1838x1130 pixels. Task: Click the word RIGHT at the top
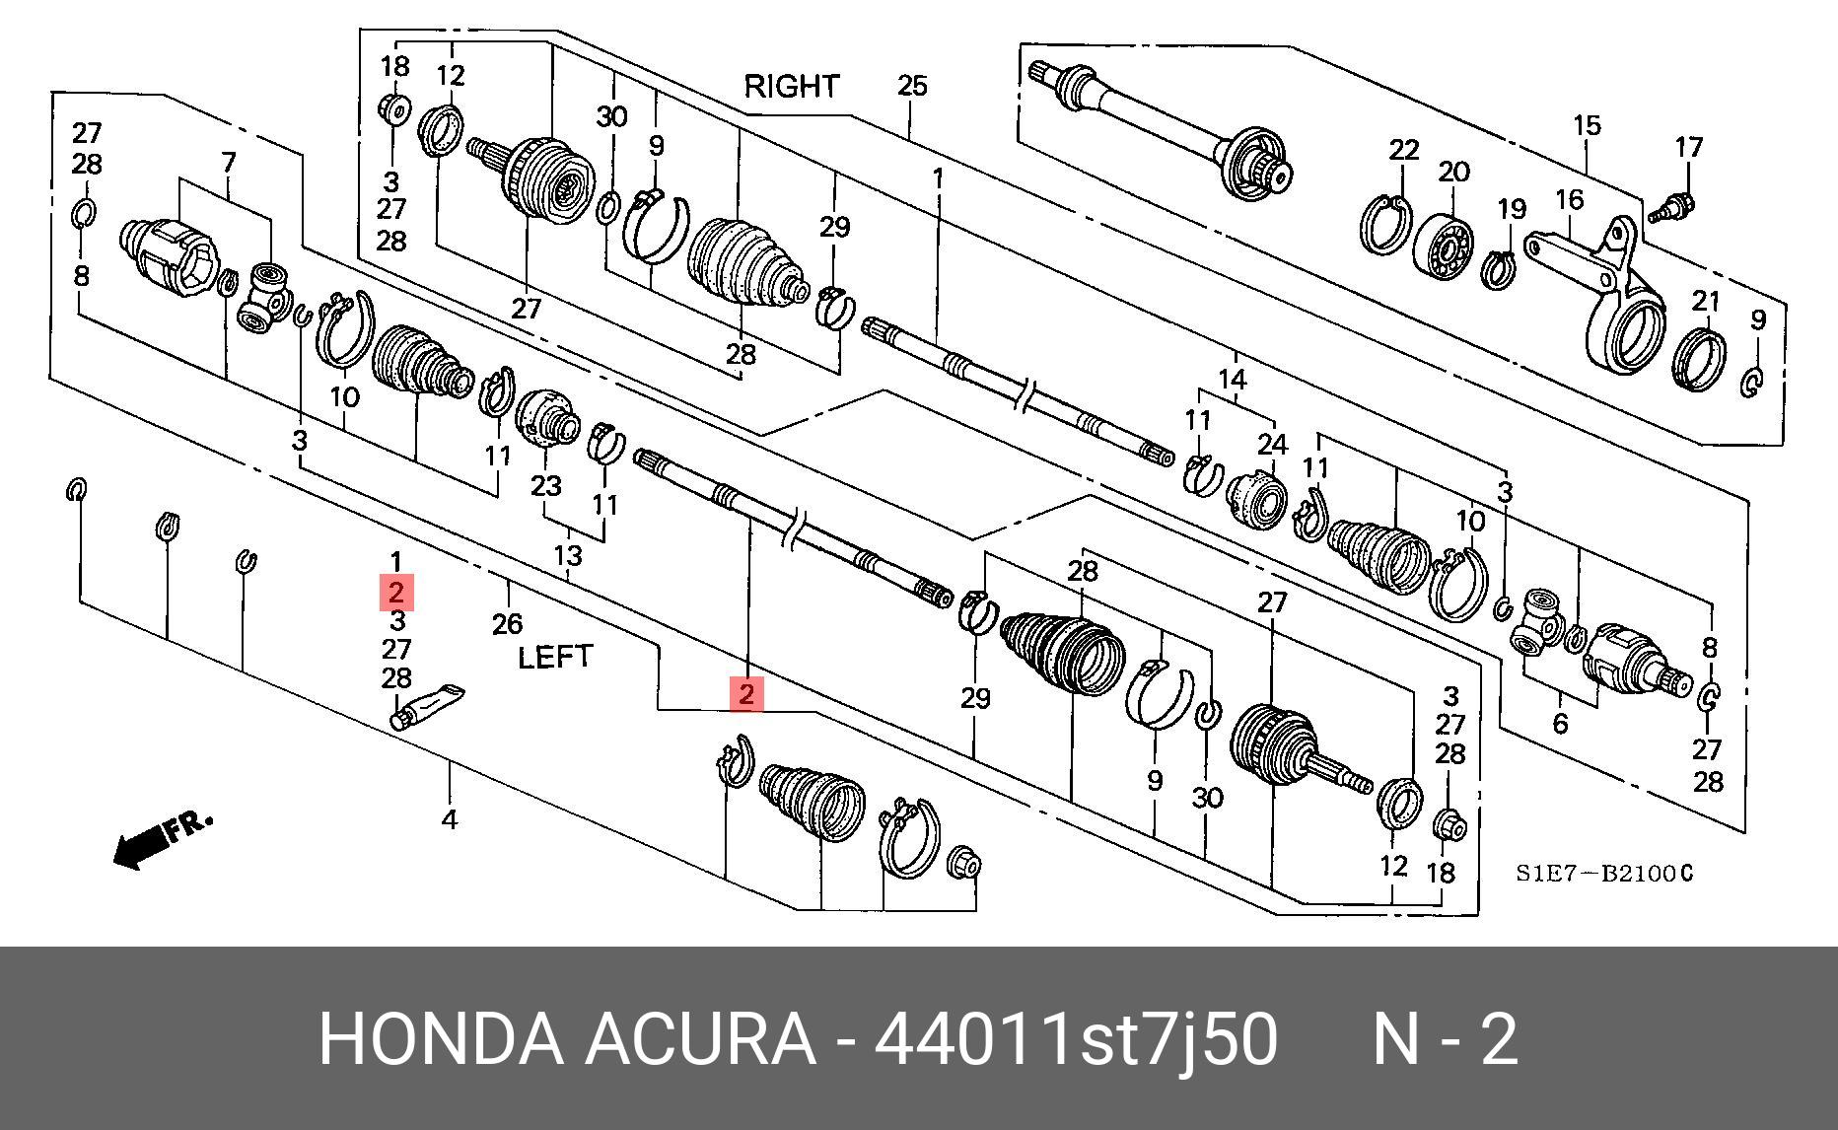791,87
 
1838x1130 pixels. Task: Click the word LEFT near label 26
555,657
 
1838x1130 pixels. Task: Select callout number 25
912,87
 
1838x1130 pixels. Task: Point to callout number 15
1586,126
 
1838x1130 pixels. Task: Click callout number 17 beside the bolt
1689,148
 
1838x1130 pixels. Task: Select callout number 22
1403,150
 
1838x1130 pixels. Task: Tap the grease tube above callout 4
427,704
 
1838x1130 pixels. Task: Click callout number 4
450,818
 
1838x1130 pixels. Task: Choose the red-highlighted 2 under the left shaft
746,693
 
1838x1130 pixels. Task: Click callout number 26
507,623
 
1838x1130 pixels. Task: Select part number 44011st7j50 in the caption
1077,1039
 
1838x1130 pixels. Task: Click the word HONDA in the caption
441,1039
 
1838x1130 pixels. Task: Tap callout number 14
1233,380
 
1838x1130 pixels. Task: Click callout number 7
229,161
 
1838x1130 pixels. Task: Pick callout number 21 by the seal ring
1706,301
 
